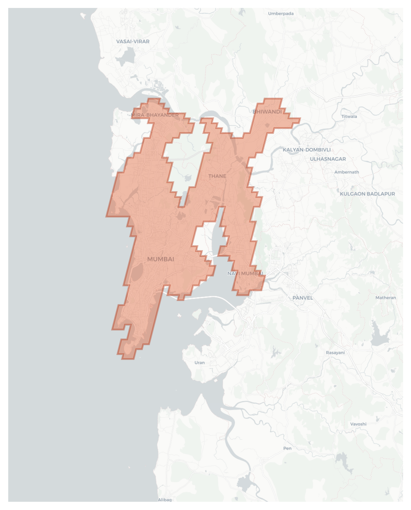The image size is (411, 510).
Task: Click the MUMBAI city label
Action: coord(161,259)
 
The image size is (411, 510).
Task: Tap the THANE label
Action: coord(217,176)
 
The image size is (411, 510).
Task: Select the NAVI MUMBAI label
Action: coord(245,274)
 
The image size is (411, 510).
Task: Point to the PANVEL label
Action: coord(302,298)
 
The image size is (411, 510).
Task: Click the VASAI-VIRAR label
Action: coord(133,41)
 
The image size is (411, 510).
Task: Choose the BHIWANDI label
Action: coord(267,112)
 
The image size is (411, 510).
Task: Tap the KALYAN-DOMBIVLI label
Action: coord(307,150)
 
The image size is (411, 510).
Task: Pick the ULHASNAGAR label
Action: coord(328,159)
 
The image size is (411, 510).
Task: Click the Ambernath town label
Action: coord(346,172)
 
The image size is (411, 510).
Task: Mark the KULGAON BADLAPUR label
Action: coord(367,194)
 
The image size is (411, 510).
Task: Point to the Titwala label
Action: coord(349,116)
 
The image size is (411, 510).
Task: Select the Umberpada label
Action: coord(280,13)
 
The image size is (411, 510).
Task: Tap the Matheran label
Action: coord(386,298)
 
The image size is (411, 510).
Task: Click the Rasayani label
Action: coord(335,353)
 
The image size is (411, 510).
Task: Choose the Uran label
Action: coord(199,362)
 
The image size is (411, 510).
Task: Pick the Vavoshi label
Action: coord(358,424)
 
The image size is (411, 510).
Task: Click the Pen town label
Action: coord(287,448)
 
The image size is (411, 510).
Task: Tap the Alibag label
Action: coord(165,500)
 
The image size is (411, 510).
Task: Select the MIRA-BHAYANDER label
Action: coord(155,115)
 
